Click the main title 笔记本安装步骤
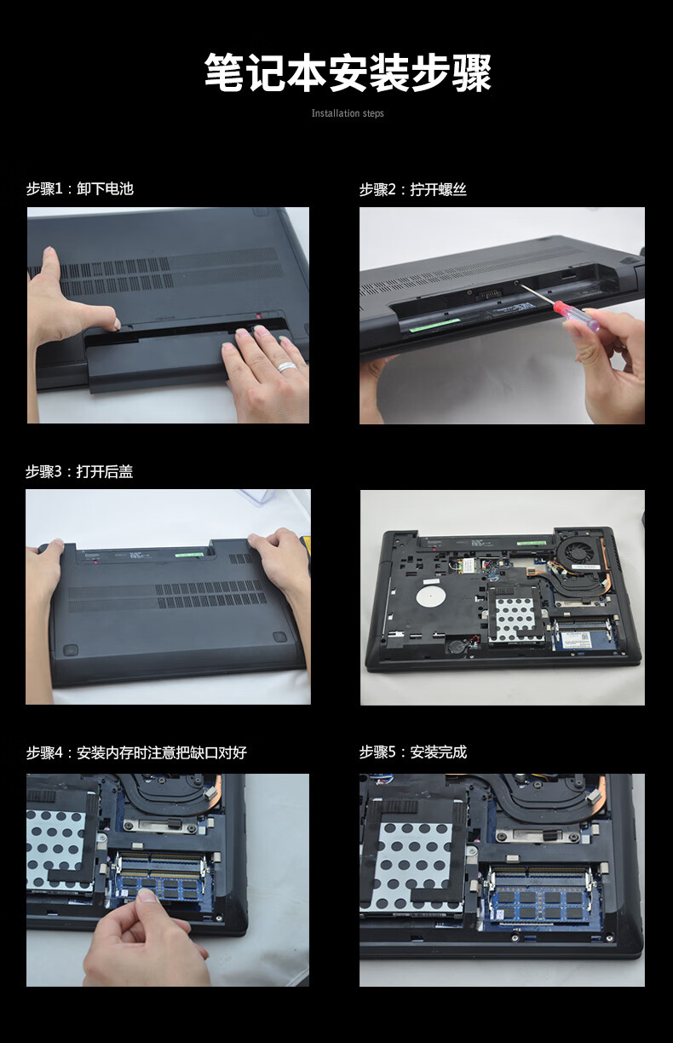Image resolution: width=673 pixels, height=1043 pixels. pyautogui.click(x=348, y=72)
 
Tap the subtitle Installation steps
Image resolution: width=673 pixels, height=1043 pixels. pyautogui.click(x=348, y=113)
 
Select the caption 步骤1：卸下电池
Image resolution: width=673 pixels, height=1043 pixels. pyautogui.click(x=80, y=188)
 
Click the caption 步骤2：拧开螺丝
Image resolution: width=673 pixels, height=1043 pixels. pyautogui.click(x=413, y=189)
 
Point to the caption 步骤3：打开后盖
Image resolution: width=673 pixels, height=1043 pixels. pyautogui.click(x=79, y=472)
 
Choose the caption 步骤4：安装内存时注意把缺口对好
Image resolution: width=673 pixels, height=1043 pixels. pyautogui.click(x=136, y=752)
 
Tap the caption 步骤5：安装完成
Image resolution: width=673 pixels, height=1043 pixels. pyautogui.click(x=413, y=752)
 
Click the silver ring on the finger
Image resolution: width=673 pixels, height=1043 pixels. pyautogui.click(x=287, y=366)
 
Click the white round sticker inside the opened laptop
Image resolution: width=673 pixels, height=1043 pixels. pyautogui.click(x=431, y=596)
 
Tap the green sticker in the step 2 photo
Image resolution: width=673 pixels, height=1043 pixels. pyautogui.click(x=434, y=324)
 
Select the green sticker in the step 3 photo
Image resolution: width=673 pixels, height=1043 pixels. pyautogui.click(x=189, y=555)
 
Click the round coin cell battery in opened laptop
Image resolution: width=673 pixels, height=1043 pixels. pyautogui.click(x=455, y=647)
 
